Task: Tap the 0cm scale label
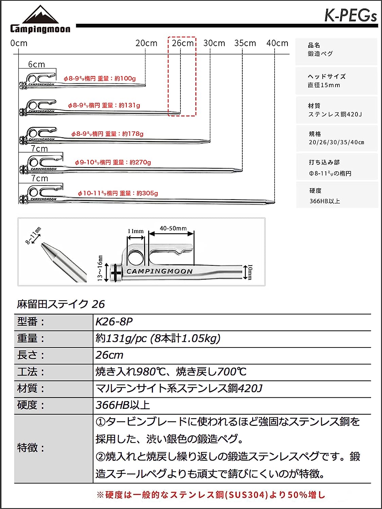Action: click(19, 43)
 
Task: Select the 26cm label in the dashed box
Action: click(183, 43)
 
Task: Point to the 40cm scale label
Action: click(277, 43)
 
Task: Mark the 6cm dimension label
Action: click(36, 64)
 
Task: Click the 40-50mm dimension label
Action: click(173, 228)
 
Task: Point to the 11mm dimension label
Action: click(136, 231)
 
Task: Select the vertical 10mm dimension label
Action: click(250, 272)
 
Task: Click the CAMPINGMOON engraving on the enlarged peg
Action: click(159, 271)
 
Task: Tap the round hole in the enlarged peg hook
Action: click(136, 258)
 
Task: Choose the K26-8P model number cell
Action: click(114, 322)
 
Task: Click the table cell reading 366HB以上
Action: click(123, 405)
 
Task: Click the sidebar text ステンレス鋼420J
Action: click(335, 114)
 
